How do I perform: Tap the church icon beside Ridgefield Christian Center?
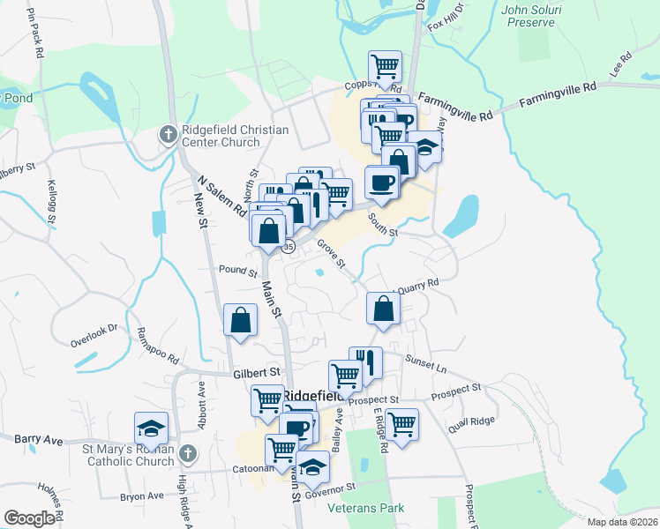pos(168,134)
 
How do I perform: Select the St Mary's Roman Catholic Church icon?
pos(186,454)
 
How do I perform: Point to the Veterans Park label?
pos(364,508)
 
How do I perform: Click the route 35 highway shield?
pos(288,248)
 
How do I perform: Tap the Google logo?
pos(29,518)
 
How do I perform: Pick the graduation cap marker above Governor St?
pos(312,467)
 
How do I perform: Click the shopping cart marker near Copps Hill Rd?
pos(385,65)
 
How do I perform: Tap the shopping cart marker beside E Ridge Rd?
pos(401,424)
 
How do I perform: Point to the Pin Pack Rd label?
pos(35,34)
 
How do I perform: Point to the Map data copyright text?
pos(622,522)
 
